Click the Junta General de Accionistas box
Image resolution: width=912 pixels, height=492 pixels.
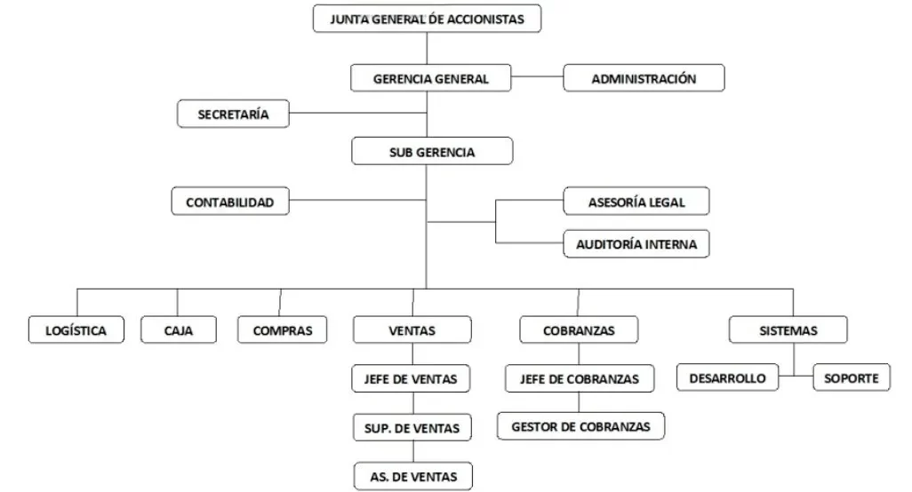pyautogui.click(x=427, y=19)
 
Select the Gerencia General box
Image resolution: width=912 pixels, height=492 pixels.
pyautogui.click(x=431, y=78)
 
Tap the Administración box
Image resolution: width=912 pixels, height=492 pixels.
pyautogui.click(x=644, y=78)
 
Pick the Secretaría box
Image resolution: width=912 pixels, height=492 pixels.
pyautogui.click(x=234, y=114)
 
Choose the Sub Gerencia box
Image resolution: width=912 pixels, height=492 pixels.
pyautogui.click(x=432, y=152)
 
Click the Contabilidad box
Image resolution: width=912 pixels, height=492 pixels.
pyautogui.click(x=229, y=202)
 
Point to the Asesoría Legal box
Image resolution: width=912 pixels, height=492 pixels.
pyautogui.click(x=636, y=202)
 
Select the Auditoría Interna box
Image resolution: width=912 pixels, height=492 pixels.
pyautogui.click(x=636, y=242)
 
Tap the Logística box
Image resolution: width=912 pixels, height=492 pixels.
pyautogui.click(x=76, y=330)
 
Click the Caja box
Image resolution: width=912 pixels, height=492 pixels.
pyautogui.click(x=178, y=330)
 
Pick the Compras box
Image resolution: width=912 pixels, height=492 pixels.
pyautogui.click(x=283, y=330)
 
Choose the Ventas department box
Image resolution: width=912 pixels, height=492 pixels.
pyautogui.click(x=412, y=330)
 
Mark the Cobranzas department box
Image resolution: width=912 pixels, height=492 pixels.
pyautogui.click(x=578, y=330)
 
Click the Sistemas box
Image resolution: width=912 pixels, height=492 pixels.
pyautogui.click(x=788, y=330)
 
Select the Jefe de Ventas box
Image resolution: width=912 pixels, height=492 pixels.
pyautogui.click(x=411, y=379)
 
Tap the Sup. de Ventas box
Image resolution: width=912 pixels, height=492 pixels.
pyautogui.click(x=412, y=428)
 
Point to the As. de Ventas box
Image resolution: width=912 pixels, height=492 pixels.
pyautogui.click(x=412, y=476)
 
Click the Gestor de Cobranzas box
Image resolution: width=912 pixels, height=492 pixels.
pyautogui.click(x=580, y=426)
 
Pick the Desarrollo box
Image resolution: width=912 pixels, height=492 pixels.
pyautogui.click(x=727, y=378)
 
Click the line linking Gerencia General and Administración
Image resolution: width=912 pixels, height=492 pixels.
pyautogui.click(x=539, y=78)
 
